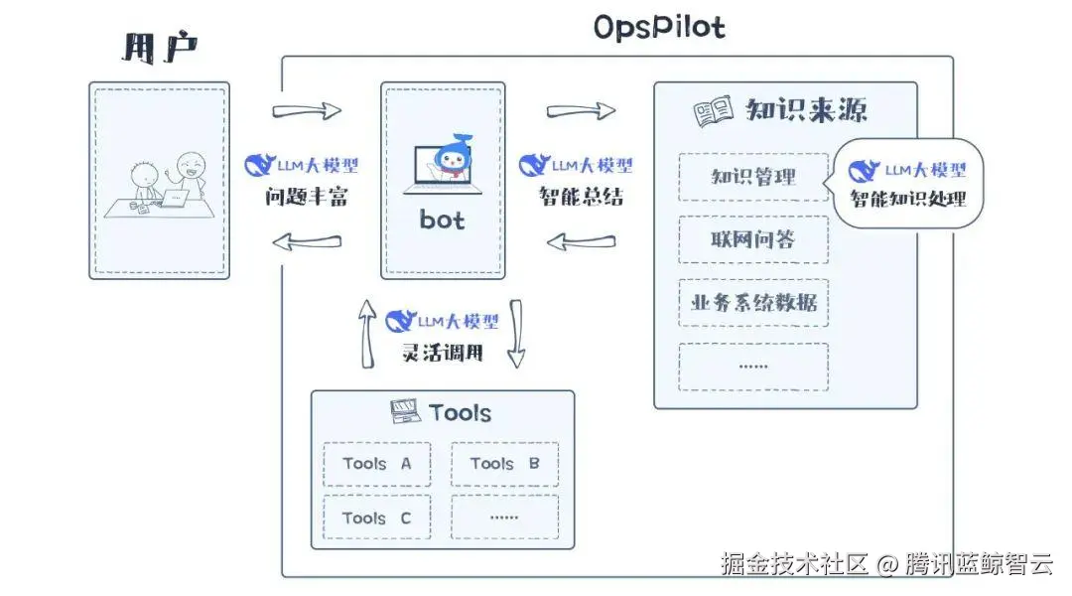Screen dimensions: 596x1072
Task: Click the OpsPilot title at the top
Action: (x=659, y=27)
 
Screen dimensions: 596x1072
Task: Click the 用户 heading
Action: (x=159, y=47)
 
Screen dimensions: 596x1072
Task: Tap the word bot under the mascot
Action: (x=442, y=220)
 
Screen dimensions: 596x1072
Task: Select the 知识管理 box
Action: (x=753, y=178)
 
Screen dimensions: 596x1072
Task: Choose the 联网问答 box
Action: (x=753, y=240)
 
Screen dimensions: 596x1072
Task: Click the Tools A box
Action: (x=377, y=464)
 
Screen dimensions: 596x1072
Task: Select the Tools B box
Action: (x=504, y=464)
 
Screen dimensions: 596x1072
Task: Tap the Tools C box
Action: (x=377, y=518)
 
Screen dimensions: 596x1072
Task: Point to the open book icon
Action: (x=713, y=111)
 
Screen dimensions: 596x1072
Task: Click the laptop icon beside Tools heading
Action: (x=405, y=411)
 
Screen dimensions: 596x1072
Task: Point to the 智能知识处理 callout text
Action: (x=907, y=199)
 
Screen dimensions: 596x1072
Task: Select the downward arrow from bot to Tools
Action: (x=515, y=333)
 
